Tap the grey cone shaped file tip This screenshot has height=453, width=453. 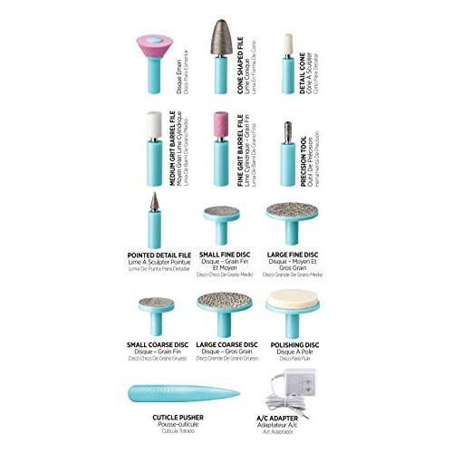[221, 41]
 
